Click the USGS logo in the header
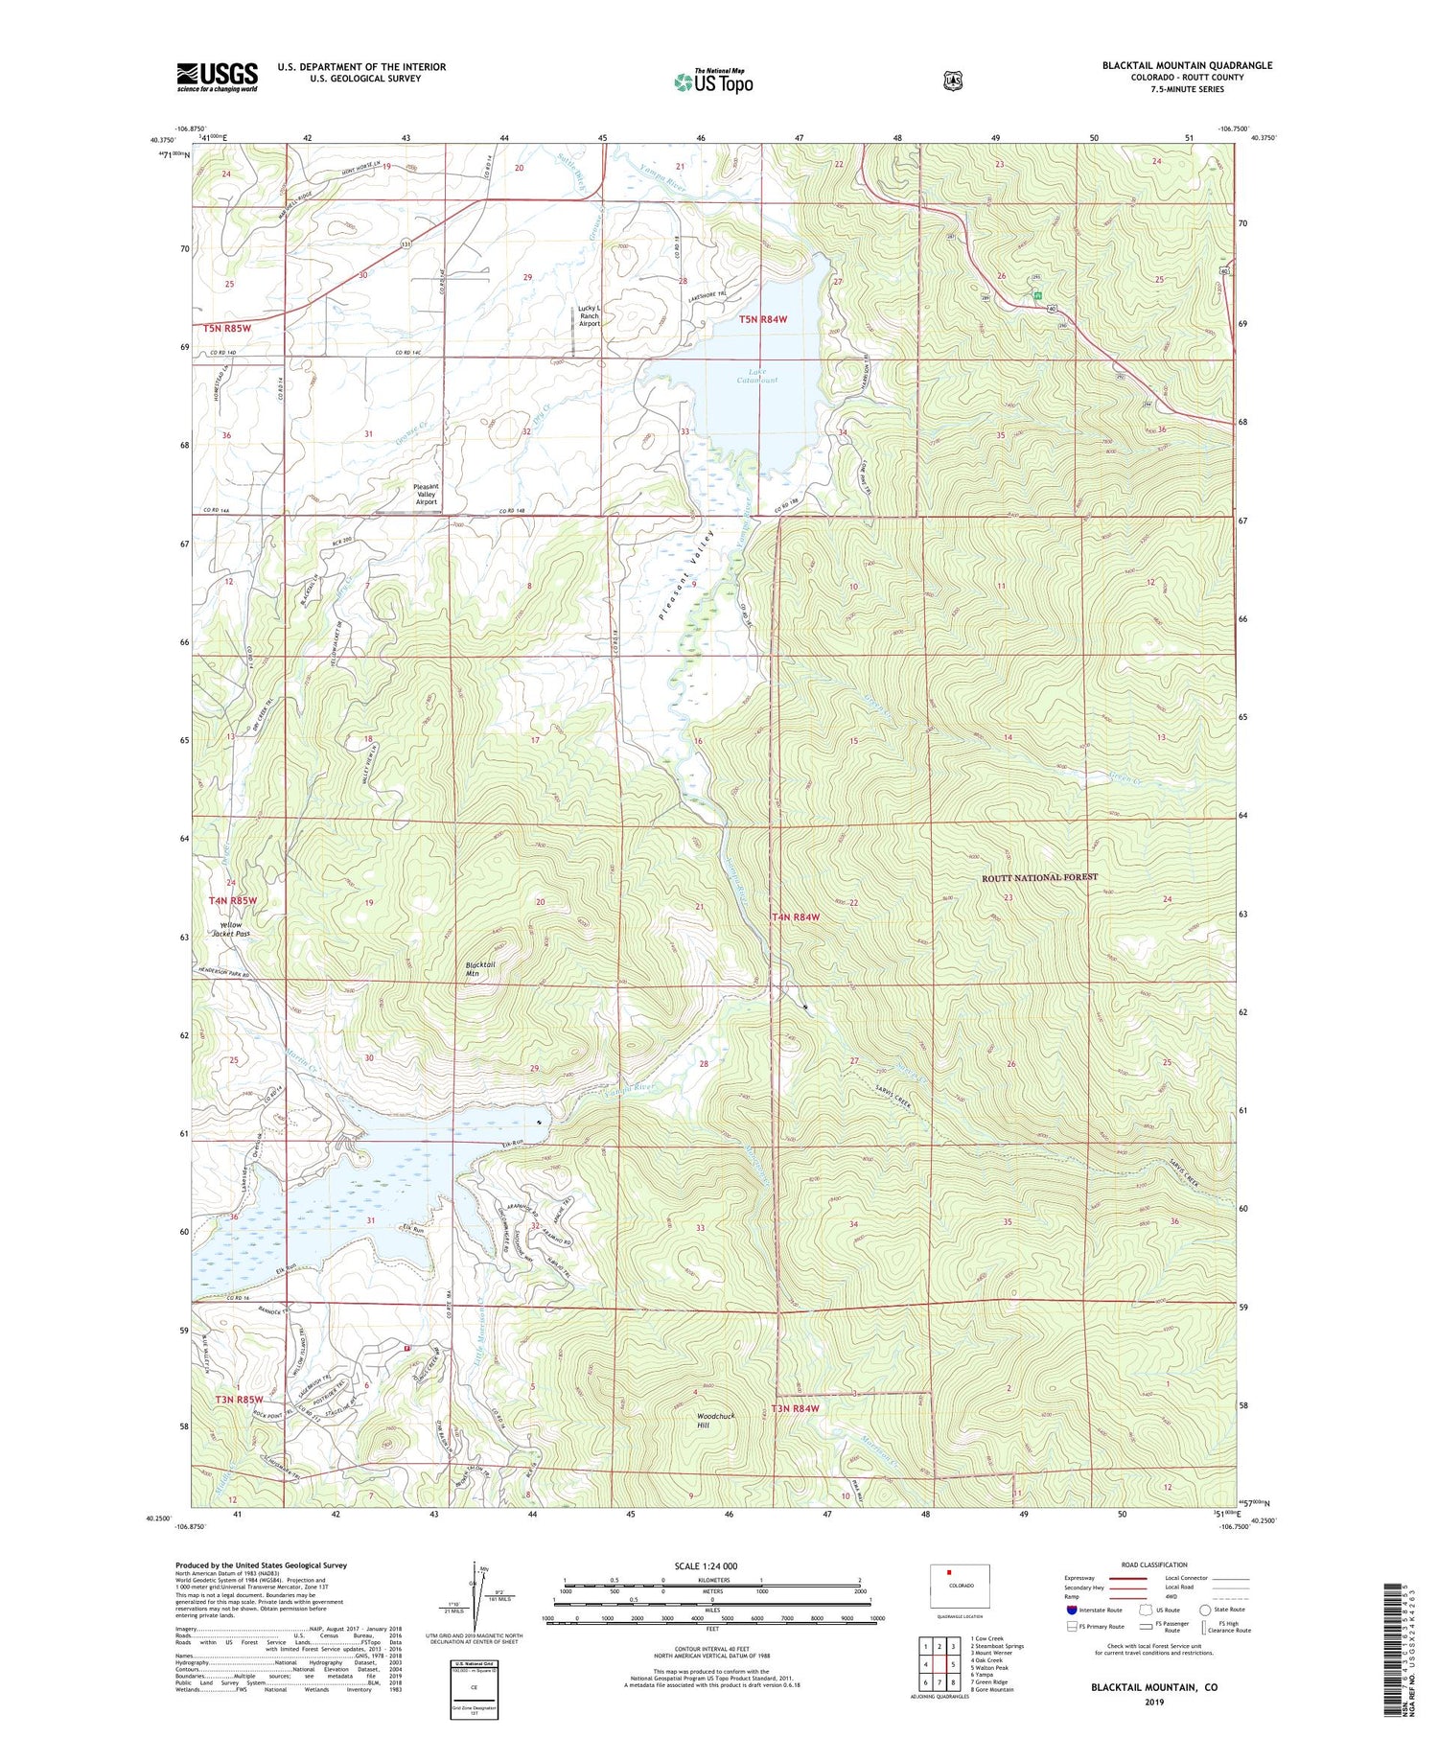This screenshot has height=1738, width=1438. (217, 76)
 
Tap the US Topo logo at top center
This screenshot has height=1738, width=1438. (713, 81)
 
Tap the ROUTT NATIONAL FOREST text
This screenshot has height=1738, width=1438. (1039, 877)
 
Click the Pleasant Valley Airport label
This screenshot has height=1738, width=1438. (426, 494)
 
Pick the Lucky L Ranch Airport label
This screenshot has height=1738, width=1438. (589, 315)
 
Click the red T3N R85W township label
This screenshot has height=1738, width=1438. (238, 1400)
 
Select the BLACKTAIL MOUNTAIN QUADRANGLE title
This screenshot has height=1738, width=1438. (1187, 65)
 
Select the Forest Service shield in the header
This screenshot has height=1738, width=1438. (952, 81)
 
